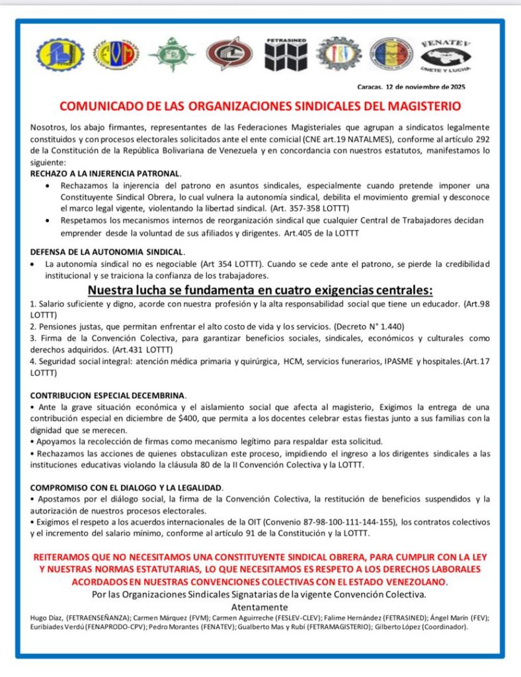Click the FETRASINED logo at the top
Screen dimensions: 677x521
tap(286, 55)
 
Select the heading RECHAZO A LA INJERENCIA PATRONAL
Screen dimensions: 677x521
tap(105, 173)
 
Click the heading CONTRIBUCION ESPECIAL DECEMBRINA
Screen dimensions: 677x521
tap(108, 395)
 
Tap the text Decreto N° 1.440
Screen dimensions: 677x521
tap(371, 327)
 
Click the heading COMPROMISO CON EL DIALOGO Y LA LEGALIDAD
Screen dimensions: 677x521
tap(126, 487)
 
